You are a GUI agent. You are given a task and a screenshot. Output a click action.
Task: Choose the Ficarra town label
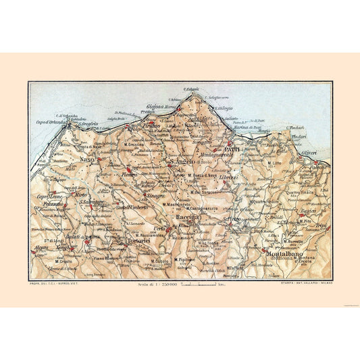[x=128, y=174]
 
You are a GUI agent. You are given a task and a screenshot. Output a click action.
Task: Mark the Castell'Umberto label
[x=135, y=207]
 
